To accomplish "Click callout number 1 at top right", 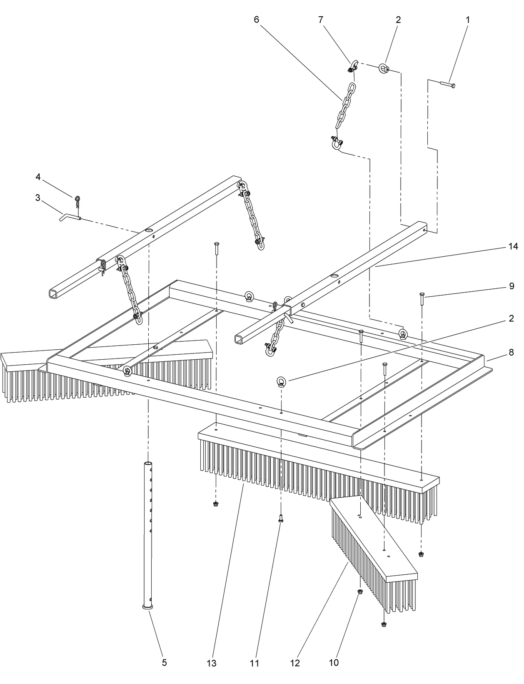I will (468, 19).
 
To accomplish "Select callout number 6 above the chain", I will (256, 19).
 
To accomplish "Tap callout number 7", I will (320, 19).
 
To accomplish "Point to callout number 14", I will (513, 247).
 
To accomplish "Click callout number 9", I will (512, 286).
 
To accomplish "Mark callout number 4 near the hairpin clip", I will (38, 177).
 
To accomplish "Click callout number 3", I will (38, 197).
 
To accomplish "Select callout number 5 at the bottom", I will (164, 662).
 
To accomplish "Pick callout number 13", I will (212, 663).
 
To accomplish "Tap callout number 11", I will (255, 663).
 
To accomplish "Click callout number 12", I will (295, 663).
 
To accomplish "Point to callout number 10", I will (334, 662).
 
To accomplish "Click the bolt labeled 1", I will (448, 85).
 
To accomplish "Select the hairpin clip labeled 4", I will (77, 201).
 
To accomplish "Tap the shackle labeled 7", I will (352, 65).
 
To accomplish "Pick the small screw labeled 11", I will (280, 519).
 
